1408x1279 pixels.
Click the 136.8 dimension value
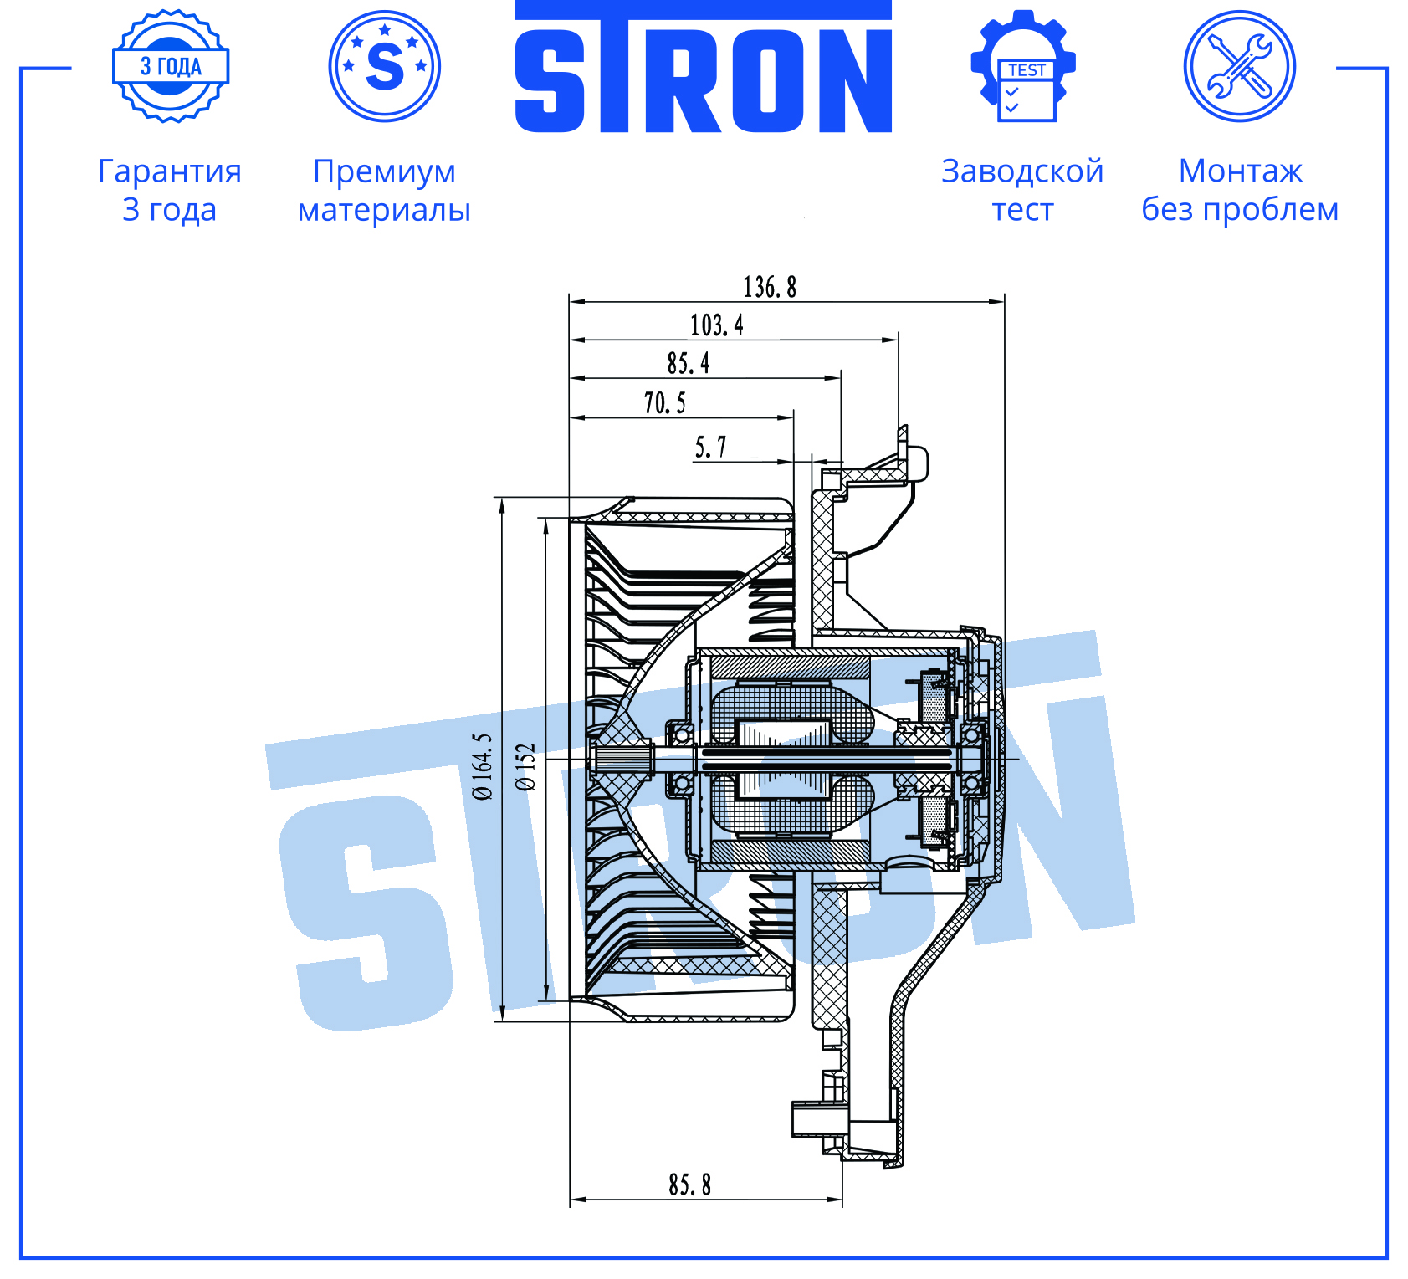coord(770,287)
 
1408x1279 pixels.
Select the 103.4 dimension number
coord(716,325)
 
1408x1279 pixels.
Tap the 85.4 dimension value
coord(688,363)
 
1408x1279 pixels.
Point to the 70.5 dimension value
coord(664,402)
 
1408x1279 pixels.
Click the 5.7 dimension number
coord(710,447)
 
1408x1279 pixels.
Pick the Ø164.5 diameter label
coord(483,766)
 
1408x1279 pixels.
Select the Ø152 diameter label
coord(525,767)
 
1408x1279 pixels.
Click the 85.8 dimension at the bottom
coord(689,1184)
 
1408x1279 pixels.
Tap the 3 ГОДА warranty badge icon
coord(171,66)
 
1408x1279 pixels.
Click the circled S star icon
coord(385,66)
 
